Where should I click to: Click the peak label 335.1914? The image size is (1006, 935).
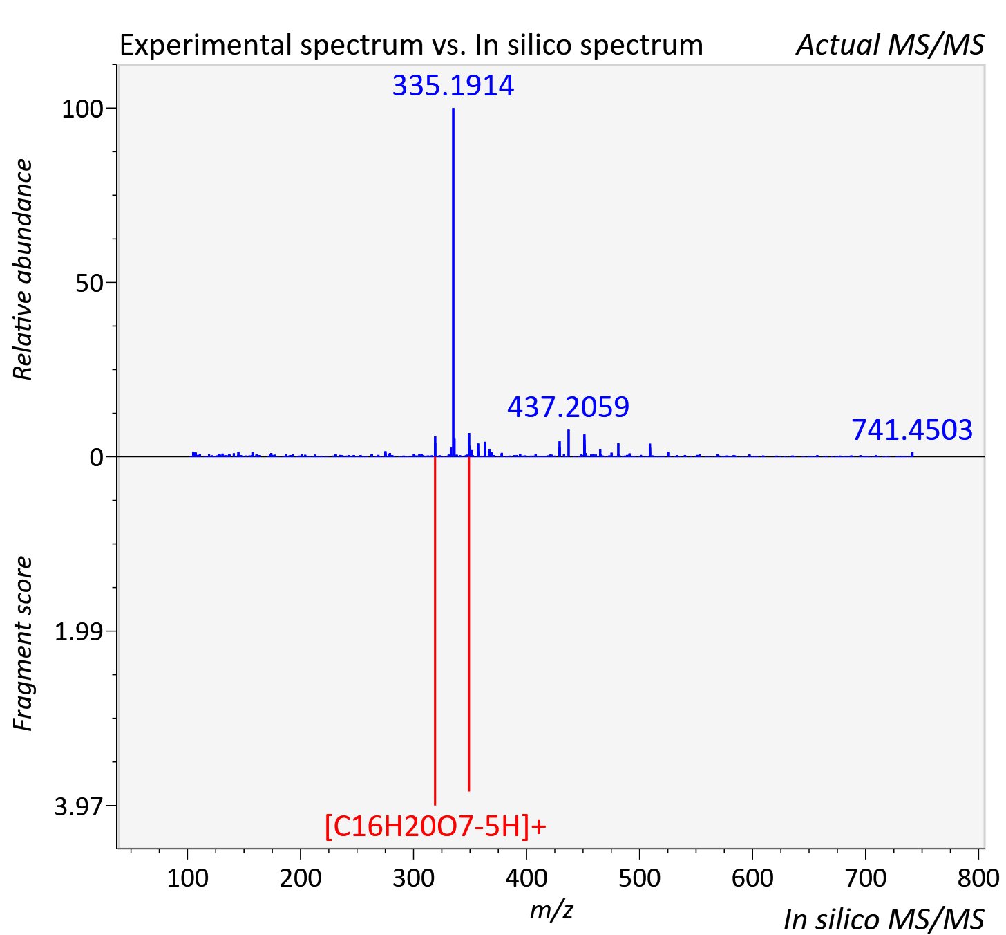[453, 85]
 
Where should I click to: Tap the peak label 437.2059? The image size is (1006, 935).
[568, 407]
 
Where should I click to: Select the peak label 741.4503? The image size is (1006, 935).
[912, 430]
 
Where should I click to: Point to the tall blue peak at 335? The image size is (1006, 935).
[453, 282]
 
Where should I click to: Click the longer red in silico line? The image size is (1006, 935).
[435, 631]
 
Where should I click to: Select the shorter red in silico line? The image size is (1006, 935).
[469, 624]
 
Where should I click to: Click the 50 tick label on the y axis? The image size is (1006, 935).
[89, 284]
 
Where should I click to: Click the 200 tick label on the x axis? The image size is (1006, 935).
[301, 878]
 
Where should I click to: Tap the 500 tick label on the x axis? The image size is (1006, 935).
[639, 878]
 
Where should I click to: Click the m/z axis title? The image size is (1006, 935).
[551, 909]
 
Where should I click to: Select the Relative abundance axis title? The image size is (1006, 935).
[22, 269]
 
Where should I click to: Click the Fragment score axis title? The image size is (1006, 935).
[22, 643]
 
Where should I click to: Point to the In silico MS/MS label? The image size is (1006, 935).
[884, 919]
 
